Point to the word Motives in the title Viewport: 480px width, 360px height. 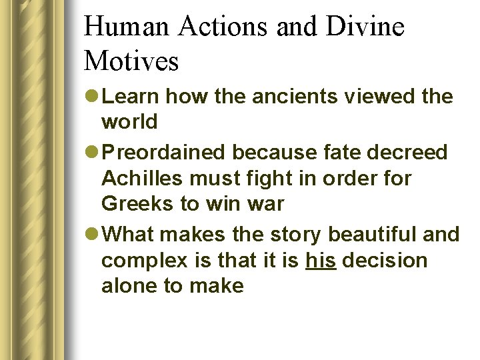click(x=131, y=62)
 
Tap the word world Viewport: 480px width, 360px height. click(x=129, y=122)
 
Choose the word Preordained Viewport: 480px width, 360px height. click(x=166, y=153)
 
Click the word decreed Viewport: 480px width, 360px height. click(x=409, y=153)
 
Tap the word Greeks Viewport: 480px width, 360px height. click(x=138, y=204)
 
